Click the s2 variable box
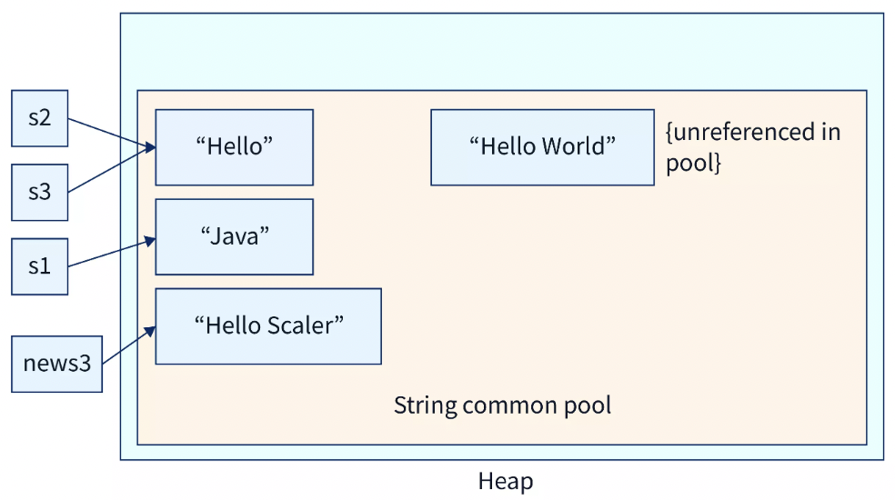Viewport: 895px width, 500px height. [39, 118]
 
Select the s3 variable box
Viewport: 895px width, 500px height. [39, 193]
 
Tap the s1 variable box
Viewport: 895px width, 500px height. [39, 266]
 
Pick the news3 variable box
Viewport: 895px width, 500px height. [56, 365]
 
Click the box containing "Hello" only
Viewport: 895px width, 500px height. [234, 147]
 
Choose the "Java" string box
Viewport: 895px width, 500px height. [234, 237]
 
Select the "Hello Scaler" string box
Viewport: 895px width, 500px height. [268, 326]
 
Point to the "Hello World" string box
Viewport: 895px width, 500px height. [542, 147]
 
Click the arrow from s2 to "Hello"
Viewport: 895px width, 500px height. [112, 133]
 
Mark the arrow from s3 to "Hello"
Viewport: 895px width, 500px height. [112, 169]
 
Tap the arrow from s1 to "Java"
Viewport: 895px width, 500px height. [112, 254]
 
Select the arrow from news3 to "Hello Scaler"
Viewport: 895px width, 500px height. [129, 345]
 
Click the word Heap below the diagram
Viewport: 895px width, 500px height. [506, 481]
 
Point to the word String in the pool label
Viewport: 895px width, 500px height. [426, 405]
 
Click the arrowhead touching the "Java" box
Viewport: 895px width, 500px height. [150, 241]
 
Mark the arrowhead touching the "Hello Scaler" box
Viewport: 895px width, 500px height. [150, 331]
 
